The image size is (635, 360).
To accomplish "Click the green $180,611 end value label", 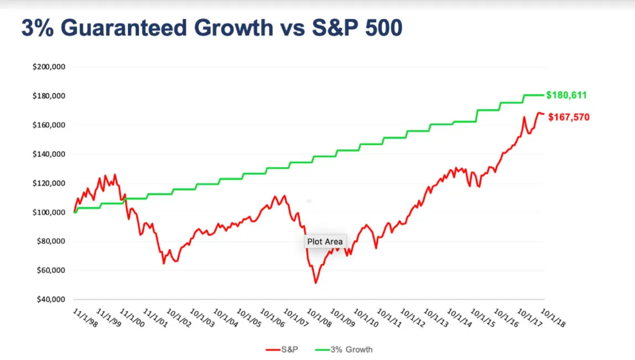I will [x=566, y=95].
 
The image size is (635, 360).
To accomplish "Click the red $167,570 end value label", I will [x=569, y=117].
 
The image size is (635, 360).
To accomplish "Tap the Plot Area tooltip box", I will [x=325, y=241].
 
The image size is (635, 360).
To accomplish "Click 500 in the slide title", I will [x=379, y=28].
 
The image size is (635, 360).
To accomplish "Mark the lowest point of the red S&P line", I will [x=316, y=283].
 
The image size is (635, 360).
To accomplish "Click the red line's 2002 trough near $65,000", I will [x=164, y=263].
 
